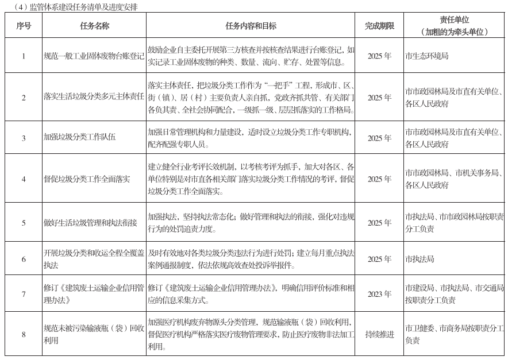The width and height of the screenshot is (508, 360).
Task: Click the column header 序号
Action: point(24,26)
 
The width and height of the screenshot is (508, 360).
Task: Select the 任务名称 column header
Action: point(95,26)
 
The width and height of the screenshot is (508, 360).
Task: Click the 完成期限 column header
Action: point(379,26)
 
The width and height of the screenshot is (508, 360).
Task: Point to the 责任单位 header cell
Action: point(454,25)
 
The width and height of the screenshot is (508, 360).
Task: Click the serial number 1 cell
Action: point(24,56)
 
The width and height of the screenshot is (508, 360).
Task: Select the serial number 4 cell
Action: point(24,179)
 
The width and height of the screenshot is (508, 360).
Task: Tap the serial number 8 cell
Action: point(24,334)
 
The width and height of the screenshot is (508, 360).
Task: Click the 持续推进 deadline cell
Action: point(379,334)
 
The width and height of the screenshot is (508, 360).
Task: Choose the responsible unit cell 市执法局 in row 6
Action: point(420,260)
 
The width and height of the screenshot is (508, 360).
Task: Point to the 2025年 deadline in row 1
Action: point(379,56)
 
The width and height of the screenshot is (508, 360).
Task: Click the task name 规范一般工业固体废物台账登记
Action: point(94,56)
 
